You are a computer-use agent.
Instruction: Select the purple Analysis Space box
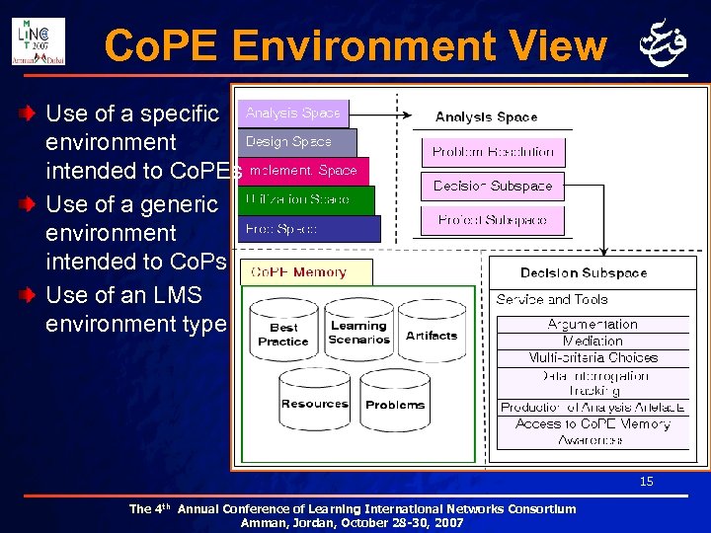pos(292,114)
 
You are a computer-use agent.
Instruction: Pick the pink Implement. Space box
pos(303,171)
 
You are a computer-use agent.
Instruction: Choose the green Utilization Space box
pos(305,200)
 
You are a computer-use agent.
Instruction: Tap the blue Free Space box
pos(308,229)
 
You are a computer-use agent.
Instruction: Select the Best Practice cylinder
pos(283,334)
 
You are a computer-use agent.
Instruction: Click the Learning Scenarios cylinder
pos(358,333)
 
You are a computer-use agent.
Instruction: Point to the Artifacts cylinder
pos(432,334)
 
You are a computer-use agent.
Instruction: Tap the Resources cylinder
pos(314,403)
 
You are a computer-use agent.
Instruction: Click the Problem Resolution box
pos(493,152)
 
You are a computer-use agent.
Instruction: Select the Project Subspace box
pos(493,220)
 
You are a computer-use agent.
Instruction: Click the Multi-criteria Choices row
pos(592,357)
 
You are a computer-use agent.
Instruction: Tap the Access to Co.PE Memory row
pos(592,423)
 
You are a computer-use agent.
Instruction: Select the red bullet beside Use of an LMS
pos(33,295)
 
